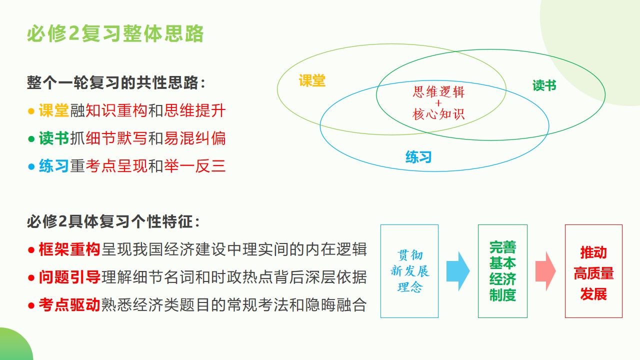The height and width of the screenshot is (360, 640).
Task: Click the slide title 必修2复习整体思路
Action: [x=115, y=33]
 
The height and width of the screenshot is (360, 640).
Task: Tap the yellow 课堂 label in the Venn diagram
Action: [x=312, y=80]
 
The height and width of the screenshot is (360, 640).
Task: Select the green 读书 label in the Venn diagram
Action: [x=544, y=85]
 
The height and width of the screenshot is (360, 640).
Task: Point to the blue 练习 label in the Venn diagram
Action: [x=418, y=157]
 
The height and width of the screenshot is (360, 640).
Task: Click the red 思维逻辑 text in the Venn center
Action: [x=438, y=91]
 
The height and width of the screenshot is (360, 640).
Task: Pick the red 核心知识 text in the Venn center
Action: [x=438, y=114]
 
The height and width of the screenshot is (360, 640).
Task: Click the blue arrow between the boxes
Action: [x=458, y=271]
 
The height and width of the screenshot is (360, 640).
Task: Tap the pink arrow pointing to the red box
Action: [x=545, y=271]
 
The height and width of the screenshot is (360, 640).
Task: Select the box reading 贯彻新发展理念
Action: [x=409, y=271]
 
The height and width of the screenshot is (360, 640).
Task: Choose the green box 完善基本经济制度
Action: [x=502, y=271]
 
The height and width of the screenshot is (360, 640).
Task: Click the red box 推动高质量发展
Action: [x=593, y=271]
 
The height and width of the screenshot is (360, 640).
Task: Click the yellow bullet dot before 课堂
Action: [x=31, y=111]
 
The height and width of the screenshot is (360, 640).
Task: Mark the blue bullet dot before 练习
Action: [x=31, y=166]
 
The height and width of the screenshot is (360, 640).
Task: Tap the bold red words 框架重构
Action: [x=69, y=249]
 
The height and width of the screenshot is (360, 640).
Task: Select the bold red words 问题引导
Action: [x=69, y=277]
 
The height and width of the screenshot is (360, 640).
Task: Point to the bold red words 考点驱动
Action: [x=69, y=304]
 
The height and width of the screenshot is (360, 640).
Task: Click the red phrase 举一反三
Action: [x=195, y=166]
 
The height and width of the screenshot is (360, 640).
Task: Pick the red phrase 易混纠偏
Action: [x=195, y=138]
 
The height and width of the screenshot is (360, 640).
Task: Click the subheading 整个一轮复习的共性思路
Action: [x=116, y=82]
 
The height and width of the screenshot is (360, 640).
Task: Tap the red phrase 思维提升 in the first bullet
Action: [x=195, y=110]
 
